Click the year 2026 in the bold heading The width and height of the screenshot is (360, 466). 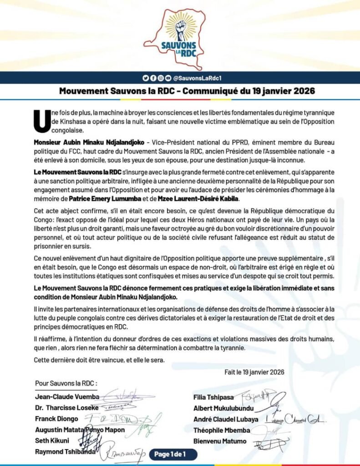[x=301, y=91]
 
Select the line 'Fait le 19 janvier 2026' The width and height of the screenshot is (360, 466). [x=254, y=372]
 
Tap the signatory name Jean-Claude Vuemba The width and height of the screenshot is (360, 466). [x=67, y=397]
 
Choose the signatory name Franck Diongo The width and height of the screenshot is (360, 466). [x=57, y=419]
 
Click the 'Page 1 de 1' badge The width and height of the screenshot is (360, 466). [x=175, y=453]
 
